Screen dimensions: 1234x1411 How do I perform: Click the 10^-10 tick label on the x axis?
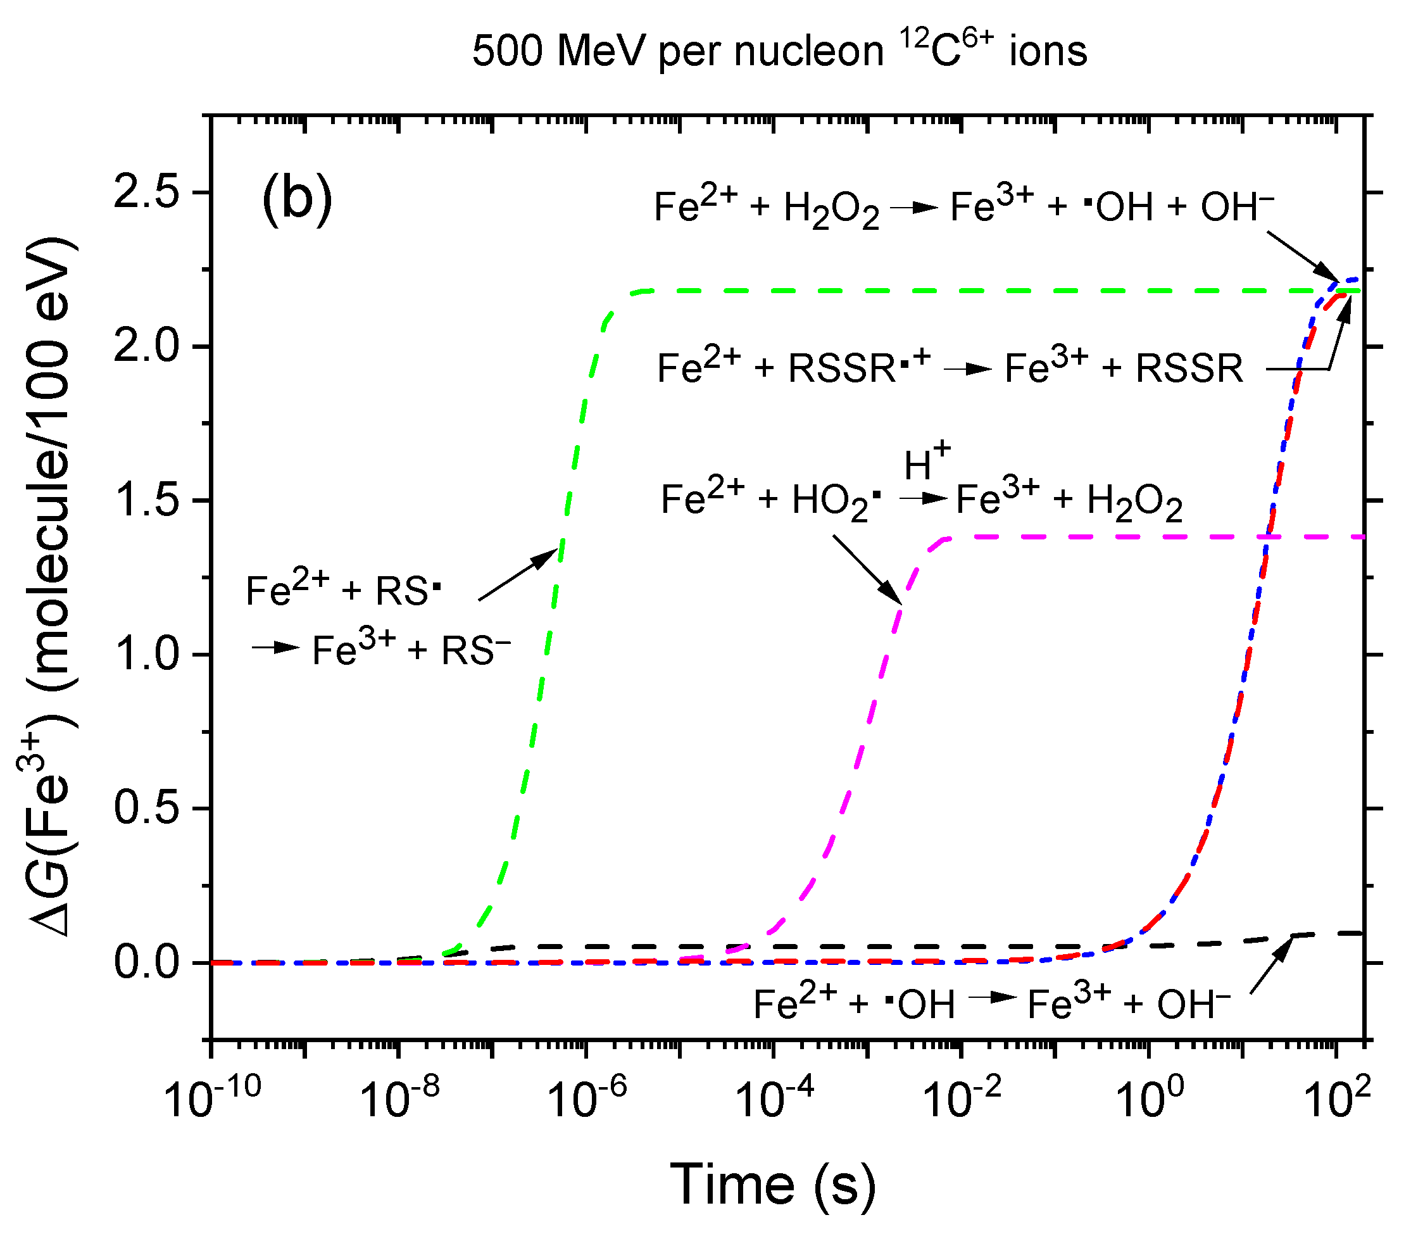coord(211,1098)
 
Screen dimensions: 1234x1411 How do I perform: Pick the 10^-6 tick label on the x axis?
coord(586,1098)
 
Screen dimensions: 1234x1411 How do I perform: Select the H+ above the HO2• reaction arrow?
coord(927,462)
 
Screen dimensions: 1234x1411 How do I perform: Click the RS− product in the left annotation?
coord(475,651)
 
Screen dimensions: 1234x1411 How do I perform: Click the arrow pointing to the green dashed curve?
coord(518,574)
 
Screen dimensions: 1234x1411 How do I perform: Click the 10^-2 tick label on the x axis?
coord(962,1098)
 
